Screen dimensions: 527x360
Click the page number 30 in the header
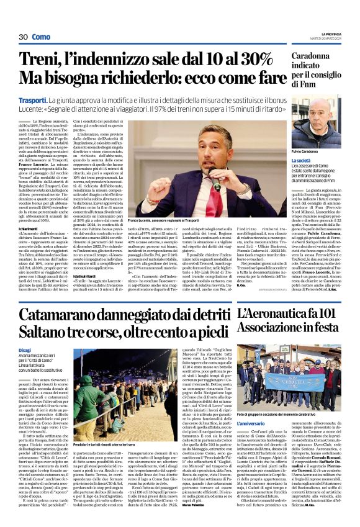click(24, 37)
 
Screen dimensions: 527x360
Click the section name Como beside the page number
click(41, 37)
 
